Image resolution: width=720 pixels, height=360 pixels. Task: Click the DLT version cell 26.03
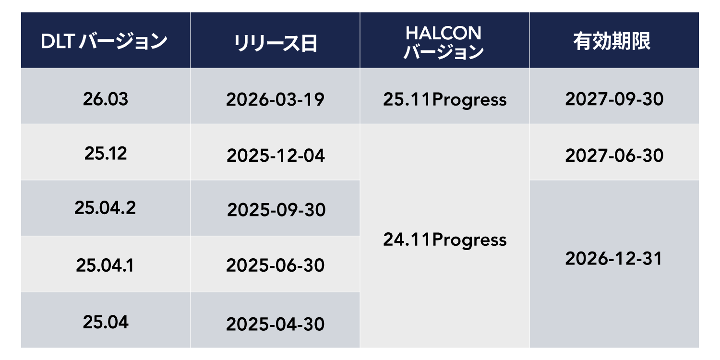(106, 99)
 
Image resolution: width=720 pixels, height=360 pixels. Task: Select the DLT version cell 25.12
(106, 154)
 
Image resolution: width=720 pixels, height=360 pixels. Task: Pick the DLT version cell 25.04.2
(105, 208)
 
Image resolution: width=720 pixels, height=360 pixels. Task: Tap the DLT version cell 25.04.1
(105, 265)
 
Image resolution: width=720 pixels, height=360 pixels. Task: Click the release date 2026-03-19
(275, 100)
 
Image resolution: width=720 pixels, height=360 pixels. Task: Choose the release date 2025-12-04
(276, 156)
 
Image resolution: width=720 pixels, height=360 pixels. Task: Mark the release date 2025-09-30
(276, 210)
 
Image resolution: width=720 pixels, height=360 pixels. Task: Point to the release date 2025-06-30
(275, 265)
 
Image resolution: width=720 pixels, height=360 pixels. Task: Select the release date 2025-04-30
(275, 324)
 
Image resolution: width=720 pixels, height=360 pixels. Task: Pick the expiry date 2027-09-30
(614, 99)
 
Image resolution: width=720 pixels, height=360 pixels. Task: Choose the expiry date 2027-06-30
(614, 156)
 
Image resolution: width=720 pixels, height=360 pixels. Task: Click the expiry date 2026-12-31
(613, 259)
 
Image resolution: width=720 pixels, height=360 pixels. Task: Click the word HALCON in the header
(444, 33)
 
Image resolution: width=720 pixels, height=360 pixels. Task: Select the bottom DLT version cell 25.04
(106, 322)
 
